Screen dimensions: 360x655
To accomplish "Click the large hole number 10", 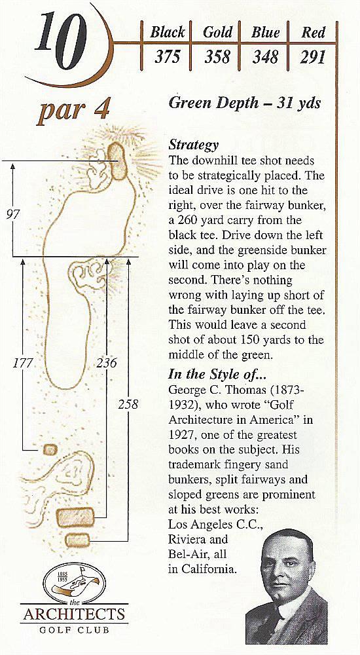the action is [61, 40].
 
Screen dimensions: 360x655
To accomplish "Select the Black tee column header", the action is [167, 33].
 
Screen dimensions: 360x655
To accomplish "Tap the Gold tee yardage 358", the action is [217, 57].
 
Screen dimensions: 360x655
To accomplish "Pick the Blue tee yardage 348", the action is [265, 57].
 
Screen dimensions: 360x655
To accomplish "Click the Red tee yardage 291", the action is [312, 57].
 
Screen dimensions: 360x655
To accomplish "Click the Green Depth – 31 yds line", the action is [245, 103].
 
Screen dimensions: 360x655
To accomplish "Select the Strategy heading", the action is [193, 145].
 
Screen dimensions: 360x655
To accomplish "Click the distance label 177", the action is [22, 363].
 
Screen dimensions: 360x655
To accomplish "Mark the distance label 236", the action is [106, 363].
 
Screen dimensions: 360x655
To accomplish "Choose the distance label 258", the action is [128, 404].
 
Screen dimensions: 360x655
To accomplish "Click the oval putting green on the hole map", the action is [117, 161].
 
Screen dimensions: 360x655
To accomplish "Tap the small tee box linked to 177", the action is [50, 449].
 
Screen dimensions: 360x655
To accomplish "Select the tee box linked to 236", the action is [75, 517].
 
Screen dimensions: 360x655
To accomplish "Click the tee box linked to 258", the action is [78, 540].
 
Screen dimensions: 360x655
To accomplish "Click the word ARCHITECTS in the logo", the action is [74, 614].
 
